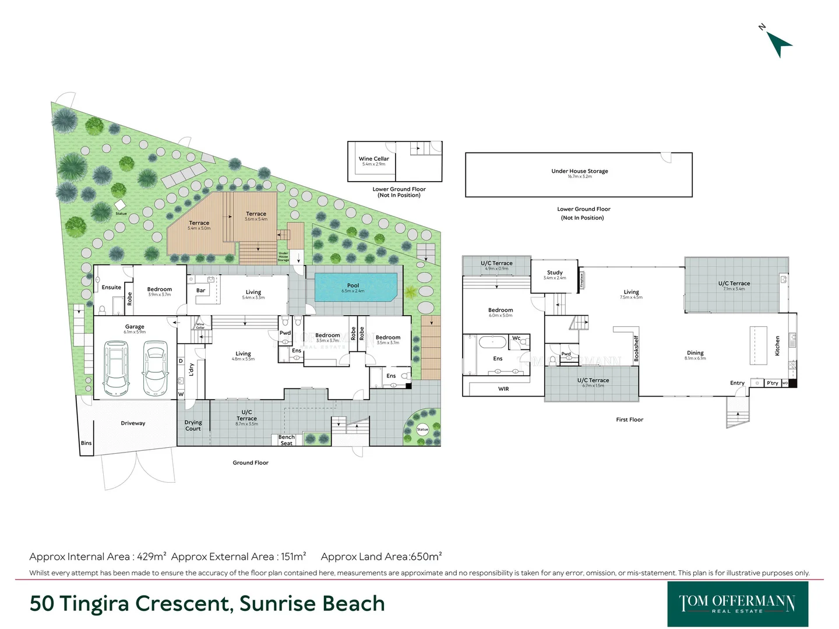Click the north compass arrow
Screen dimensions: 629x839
coord(778,44)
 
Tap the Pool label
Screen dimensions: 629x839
coord(353,285)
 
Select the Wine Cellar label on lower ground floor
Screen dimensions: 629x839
coord(373,158)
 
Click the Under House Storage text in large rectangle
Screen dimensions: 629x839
coord(579,171)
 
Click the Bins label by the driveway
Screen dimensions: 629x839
coord(86,443)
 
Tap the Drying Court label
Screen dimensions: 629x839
coord(193,426)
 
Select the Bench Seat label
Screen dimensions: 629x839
coord(286,440)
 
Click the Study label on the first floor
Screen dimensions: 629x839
coord(555,273)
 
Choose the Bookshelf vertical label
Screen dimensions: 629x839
coord(636,348)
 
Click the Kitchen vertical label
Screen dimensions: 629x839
coord(777,345)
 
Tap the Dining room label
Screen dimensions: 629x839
coord(695,353)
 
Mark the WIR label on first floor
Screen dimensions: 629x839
coord(503,389)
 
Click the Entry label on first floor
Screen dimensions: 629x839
coord(737,383)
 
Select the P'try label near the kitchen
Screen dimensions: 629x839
coord(772,383)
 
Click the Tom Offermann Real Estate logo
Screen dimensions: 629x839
coord(737,604)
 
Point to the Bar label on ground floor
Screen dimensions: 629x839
coord(200,290)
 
